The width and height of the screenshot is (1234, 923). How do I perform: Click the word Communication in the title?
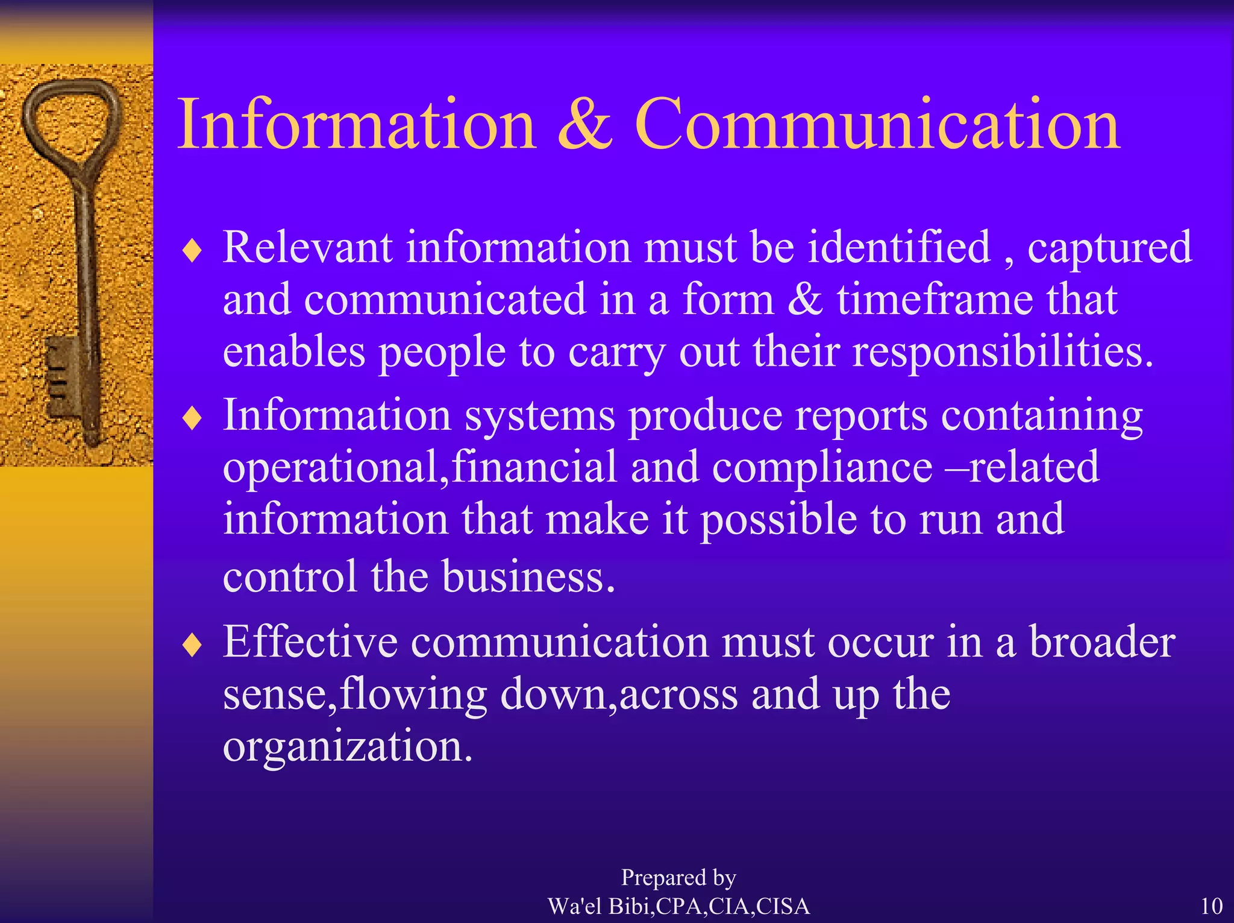(x=877, y=125)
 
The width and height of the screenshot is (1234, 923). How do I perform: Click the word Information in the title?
(x=356, y=125)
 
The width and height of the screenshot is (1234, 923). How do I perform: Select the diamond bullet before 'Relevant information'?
(x=192, y=251)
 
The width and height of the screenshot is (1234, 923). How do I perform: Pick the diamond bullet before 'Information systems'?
(x=192, y=418)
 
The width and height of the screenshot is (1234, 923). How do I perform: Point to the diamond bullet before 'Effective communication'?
(x=192, y=645)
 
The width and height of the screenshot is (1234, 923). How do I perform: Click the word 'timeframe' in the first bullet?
(x=935, y=300)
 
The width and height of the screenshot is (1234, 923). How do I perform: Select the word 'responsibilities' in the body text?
(x=997, y=351)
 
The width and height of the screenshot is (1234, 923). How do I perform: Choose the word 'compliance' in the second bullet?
(x=822, y=468)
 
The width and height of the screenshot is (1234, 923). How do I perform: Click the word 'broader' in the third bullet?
(x=1101, y=642)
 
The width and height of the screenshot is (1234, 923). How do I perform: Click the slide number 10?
(x=1211, y=906)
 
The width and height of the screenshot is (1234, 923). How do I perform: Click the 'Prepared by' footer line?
(x=678, y=878)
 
